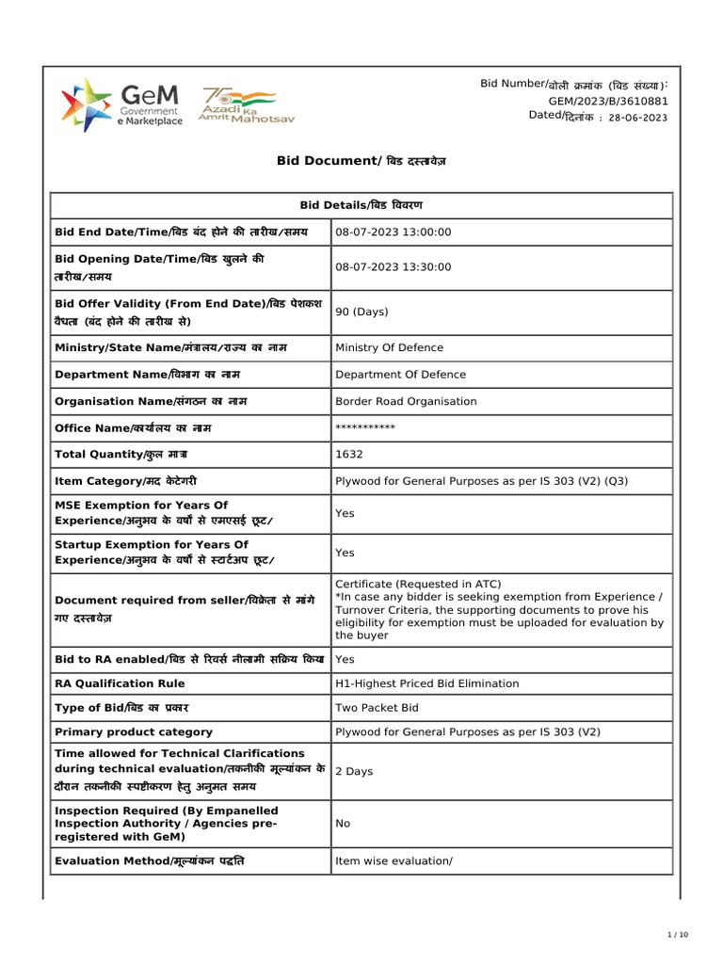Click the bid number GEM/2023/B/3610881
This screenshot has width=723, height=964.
(x=608, y=101)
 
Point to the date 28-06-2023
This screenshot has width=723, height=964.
(x=638, y=118)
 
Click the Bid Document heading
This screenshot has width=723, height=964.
(x=361, y=161)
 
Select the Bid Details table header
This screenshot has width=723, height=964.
(x=361, y=205)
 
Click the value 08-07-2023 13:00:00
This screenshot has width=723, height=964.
(x=394, y=233)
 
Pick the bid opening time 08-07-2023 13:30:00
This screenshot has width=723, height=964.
(x=394, y=267)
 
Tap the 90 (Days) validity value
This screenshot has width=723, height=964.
(x=361, y=312)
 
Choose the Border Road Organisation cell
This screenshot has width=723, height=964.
(x=406, y=401)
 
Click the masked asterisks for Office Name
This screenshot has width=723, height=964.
(x=365, y=428)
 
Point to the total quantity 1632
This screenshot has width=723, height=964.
(x=348, y=455)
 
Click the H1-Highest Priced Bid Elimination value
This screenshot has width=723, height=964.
(x=426, y=683)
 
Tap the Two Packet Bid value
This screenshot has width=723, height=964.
(x=377, y=708)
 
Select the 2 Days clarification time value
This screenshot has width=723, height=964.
(x=354, y=771)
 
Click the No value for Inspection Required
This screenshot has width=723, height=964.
(x=343, y=823)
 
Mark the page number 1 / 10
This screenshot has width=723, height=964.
(x=678, y=934)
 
